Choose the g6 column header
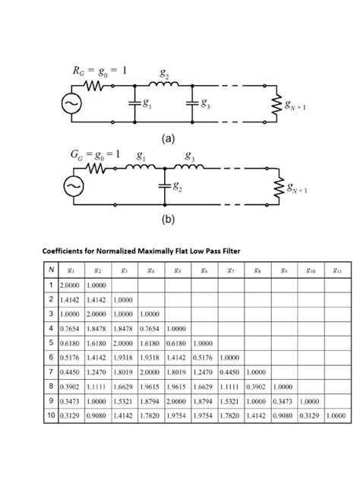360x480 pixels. pyautogui.click(x=204, y=270)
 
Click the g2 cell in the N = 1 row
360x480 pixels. pyautogui.click(x=96, y=285)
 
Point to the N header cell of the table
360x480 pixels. pyautogui.click(x=49, y=270)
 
